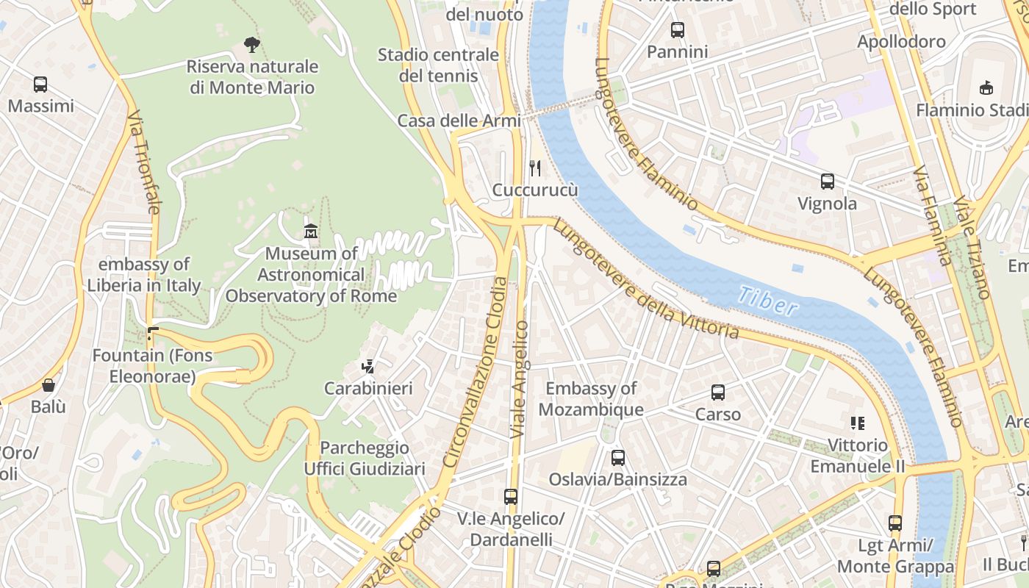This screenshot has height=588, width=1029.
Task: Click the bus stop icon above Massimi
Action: tap(40, 85)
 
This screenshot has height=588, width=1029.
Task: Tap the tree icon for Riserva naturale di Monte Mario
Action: tap(252, 45)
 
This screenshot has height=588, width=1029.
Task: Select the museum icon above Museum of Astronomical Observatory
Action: tap(311, 232)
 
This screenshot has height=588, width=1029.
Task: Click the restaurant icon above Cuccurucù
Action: tap(535, 168)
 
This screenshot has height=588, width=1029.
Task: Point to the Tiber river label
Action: tap(767, 301)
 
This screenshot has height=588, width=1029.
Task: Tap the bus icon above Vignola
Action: tap(828, 182)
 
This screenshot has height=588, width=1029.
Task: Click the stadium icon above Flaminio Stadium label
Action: tap(986, 87)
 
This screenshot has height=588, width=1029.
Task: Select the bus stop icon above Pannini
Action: tap(678, 30)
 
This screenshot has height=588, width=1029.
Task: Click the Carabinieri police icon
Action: tap(368, 366)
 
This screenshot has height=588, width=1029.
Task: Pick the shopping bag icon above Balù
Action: tap(49, 385)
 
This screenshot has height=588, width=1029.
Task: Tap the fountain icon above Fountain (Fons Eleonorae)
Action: tap(152, 334)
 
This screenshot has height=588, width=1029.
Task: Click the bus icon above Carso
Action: tap(718, 392)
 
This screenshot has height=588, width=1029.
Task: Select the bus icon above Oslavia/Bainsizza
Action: tap(618, 458)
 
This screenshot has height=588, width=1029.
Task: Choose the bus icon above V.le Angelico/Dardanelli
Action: tap(511, 497)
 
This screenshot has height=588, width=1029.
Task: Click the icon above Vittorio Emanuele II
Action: tap(857, 423)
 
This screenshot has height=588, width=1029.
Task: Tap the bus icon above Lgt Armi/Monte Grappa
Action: tap(895, 523)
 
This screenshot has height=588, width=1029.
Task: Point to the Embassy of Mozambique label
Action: tap(591, 399)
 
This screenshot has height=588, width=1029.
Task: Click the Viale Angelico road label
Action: tap(520, 379)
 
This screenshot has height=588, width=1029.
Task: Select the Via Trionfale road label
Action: tap(143, 162)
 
